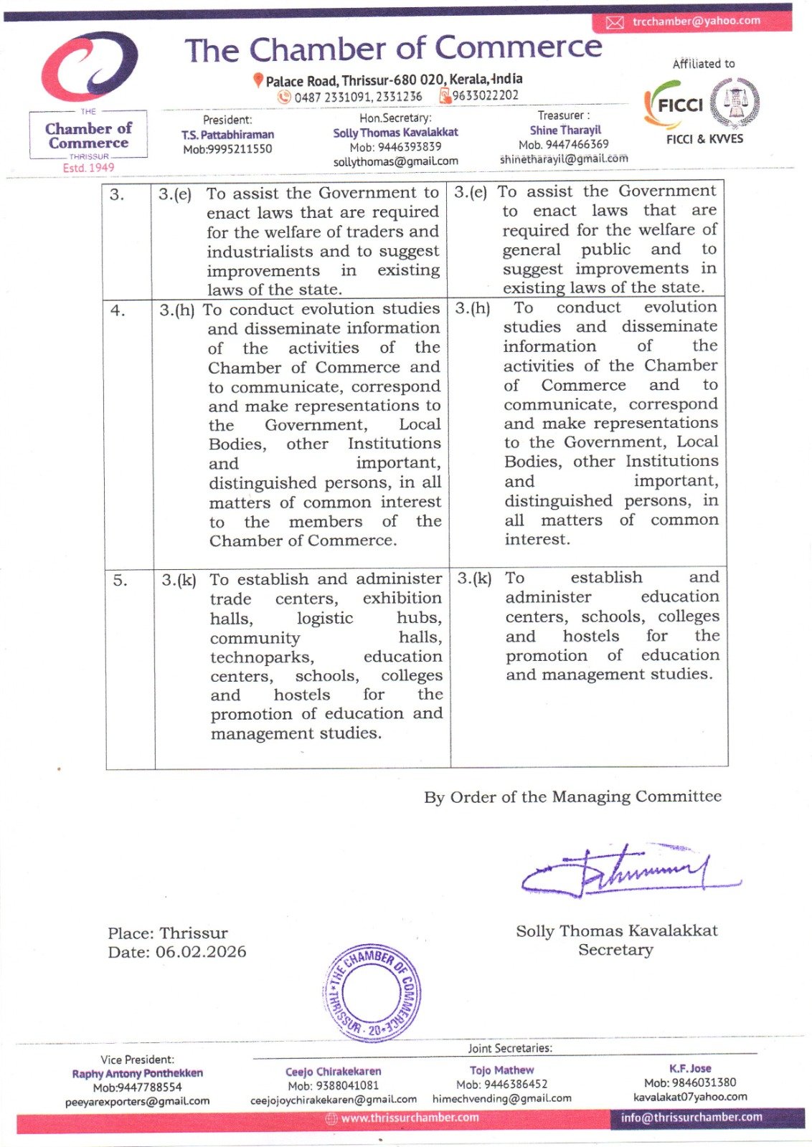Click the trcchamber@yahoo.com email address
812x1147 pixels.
coord(696,21)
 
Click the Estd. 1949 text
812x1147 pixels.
coord(88,168)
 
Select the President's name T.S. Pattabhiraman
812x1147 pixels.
coord(227,135)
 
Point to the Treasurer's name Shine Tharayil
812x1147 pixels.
coord(565,130)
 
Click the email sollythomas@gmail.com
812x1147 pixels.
coord(395,161)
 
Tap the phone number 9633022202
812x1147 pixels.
coord(485,95)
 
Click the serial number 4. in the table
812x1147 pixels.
coord(118,310)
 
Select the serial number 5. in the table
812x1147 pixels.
coord(120,580)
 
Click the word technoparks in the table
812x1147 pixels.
coord(262,657)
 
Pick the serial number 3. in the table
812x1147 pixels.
coord(117,194)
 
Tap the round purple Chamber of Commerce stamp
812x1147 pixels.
coord(372,992)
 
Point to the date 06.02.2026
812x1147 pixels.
coord(201,952)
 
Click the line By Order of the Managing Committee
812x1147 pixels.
coord(572,796)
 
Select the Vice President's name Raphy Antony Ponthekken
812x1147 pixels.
coord(137,1073)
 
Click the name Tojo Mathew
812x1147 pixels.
coord(501,1070)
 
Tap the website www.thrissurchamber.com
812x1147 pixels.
coord(409,1118)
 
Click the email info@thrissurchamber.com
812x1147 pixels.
coord(691,1117)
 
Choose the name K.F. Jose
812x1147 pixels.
coord(690,1068)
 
